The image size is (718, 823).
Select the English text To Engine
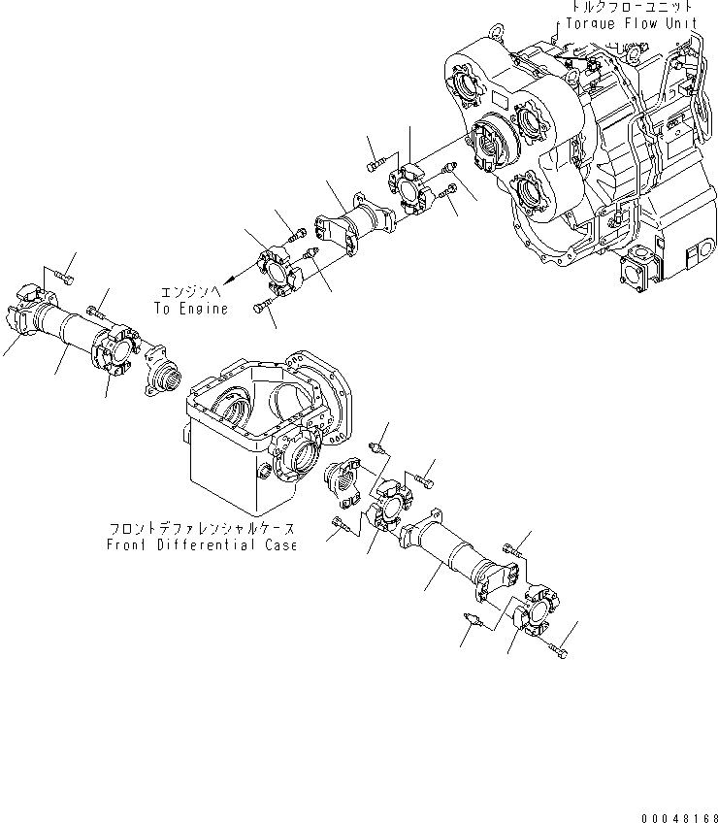[x=190, y=309]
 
